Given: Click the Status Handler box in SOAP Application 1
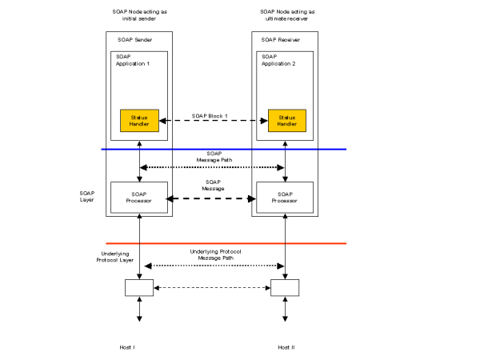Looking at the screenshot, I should [x=139, y=120].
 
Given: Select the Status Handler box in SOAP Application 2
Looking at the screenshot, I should [x=286, y=120].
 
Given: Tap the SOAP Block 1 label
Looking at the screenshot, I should [x=210, y=116].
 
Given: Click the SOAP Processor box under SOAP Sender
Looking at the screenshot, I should [x=139, y=198].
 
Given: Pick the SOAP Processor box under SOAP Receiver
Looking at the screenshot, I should [x=286, y=198].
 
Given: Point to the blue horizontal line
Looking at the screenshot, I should [x=224, y=150].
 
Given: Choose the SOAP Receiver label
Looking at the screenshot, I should [x=279, y=39].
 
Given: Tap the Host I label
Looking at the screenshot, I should [x=128, y=347].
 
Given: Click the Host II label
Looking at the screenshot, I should [x=286, y=347].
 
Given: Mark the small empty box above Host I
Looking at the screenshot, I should [x=139, y=287].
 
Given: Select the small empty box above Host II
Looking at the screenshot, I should [x=286, y=287].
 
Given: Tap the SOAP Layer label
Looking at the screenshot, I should [x=87, y=196].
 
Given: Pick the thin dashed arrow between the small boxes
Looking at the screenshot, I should [x=212, y=287].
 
